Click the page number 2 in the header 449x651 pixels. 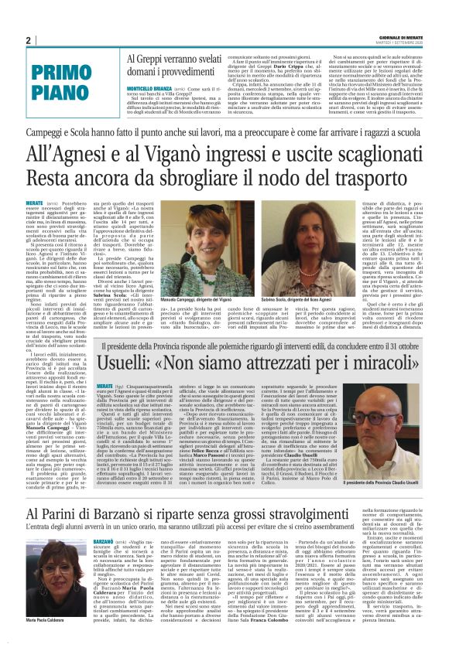click(29, 41)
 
